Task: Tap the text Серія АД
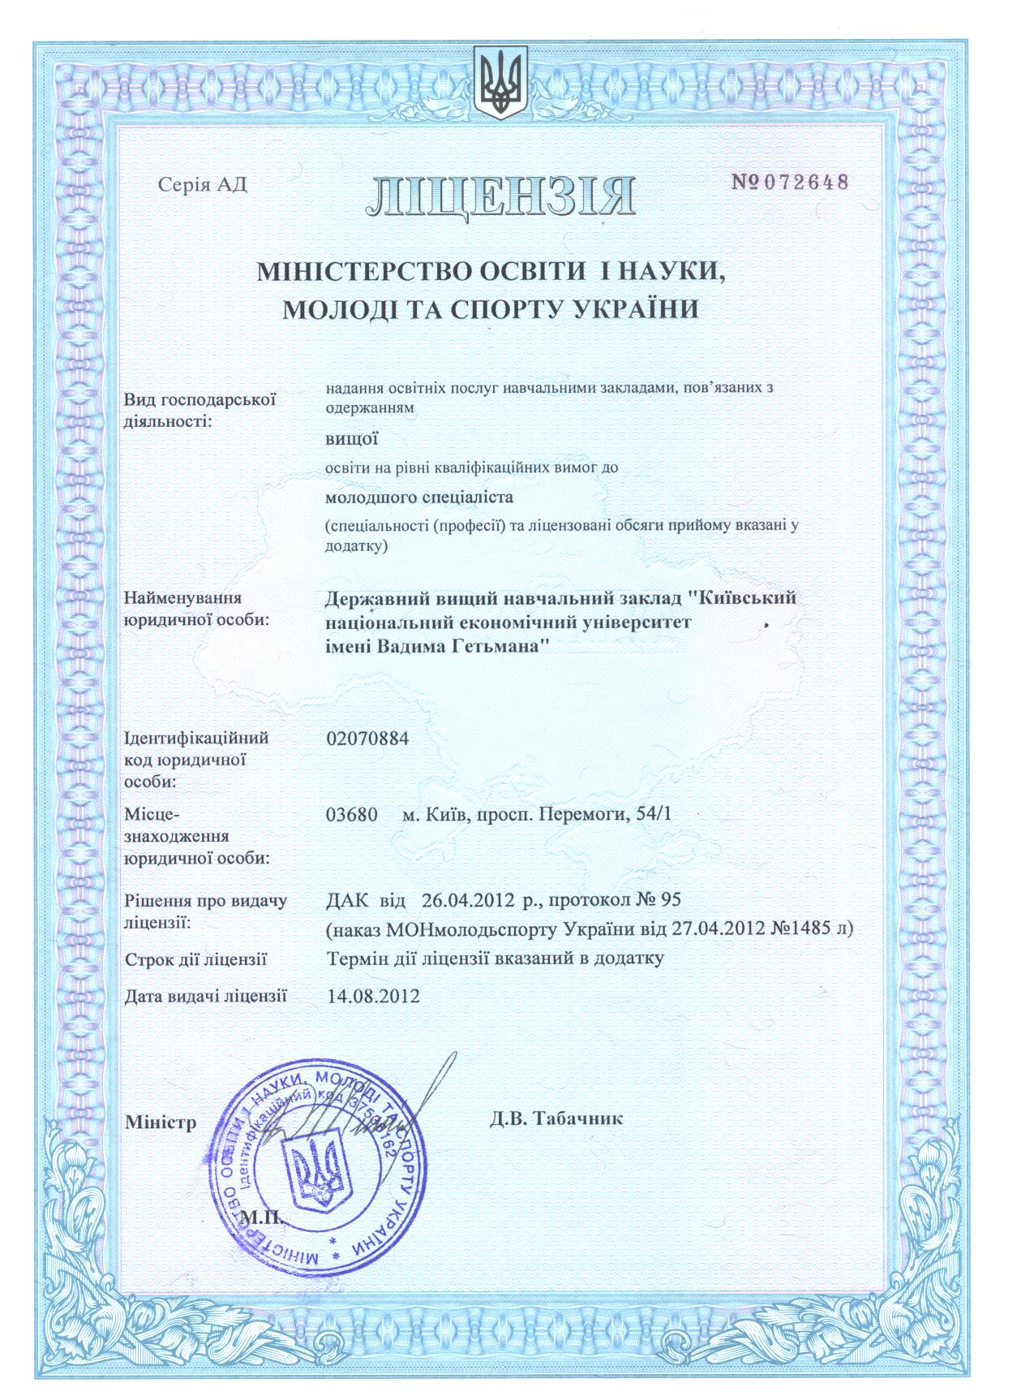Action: coord(202,185)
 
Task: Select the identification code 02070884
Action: coord(367,739)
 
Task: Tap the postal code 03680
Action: coord(351,814)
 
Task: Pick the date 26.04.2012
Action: coord(468,900)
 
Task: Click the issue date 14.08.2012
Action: coord(373,995)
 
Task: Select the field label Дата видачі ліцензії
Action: coord(205,995)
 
